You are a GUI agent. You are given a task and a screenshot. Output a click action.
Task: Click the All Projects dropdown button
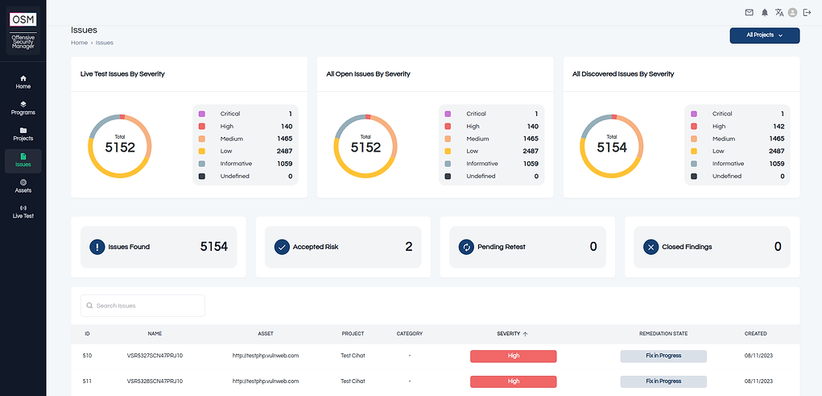(764, 35)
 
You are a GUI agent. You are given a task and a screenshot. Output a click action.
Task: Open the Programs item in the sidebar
(23, 108)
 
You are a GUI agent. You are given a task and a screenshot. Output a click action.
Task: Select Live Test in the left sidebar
(23, 211)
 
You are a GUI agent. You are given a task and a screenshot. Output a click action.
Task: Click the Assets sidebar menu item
(23, 185)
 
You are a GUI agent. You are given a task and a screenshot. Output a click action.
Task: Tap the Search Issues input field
(143, 306)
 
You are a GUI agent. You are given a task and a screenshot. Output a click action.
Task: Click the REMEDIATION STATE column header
(663, 333)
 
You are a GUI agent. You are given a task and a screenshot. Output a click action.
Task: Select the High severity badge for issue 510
(513, 356)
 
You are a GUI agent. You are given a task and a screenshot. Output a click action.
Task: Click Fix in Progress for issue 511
(663, 381)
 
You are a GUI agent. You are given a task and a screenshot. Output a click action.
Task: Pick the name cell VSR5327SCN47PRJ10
(155, 356)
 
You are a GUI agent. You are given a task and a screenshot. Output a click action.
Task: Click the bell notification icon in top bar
(764, 12)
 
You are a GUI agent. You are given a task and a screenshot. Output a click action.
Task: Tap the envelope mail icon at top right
(749, 12)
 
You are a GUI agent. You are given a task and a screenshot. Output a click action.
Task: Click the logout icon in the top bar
(807, 12)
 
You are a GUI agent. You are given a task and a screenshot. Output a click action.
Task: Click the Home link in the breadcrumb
(79, 42)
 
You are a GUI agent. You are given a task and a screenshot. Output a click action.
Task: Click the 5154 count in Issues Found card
(213, 247)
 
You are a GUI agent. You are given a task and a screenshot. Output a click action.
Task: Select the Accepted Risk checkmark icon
(282, 247)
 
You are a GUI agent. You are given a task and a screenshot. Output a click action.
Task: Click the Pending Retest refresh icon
(465, 247)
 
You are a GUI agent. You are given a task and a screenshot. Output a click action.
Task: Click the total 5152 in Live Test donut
(120, 148)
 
